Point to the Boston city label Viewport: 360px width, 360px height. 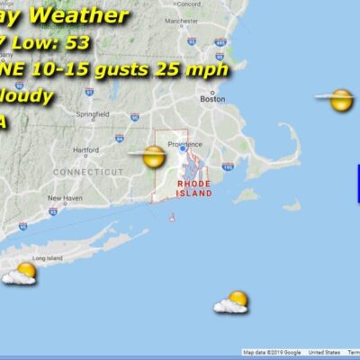(212, 100)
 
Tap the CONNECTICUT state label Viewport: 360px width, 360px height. (87, 171)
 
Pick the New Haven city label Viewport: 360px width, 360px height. (65, 198)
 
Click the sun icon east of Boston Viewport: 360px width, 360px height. (339, 100)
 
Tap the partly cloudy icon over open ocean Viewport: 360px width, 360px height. (233, 302)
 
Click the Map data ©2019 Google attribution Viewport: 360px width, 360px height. (273, 353)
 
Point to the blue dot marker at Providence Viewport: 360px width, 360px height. (183, 150)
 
